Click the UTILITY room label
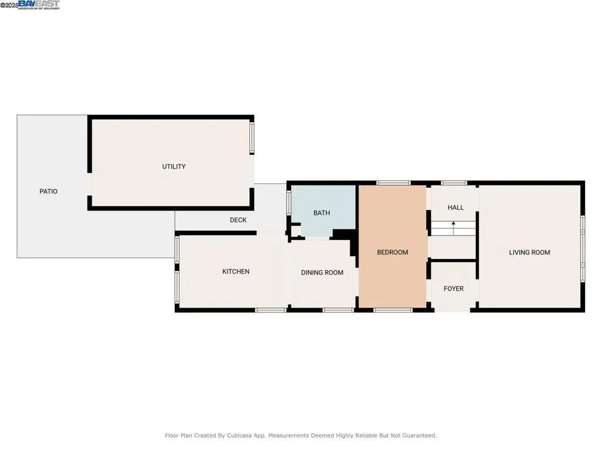pyautogui.click(x=174, y=167)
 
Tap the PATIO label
pyautogui.click(x=48, y=191)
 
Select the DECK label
pyautogui.click(x=238, y=220)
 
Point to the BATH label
pyautogui.click(x=322, y=213)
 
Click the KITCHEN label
pyautogui.click(x=236, y=271)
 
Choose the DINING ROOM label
pyautogui.click(x=322, y=272)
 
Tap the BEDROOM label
pyautogui.click(x=392, y=253)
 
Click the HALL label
pyautogui.click(x=456, y=207)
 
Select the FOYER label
pyautogui.click(x=453, y=289)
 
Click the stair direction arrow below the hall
pyautogui.click(x=453, y=224)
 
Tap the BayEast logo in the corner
pyautogui.click(x=39, y=5)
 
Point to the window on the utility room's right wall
pyautogui.click(x=253, y=137)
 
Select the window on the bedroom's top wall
pyautogui.click(x=393, y=183)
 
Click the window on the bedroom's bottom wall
pyautogui.click(x=393, y=309)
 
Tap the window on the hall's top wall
pyautogui.click(x=453, y=183)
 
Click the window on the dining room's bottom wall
pyautogui.click(x=334, y=309)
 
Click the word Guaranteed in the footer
pyautogui.click(x=417, y=436)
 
